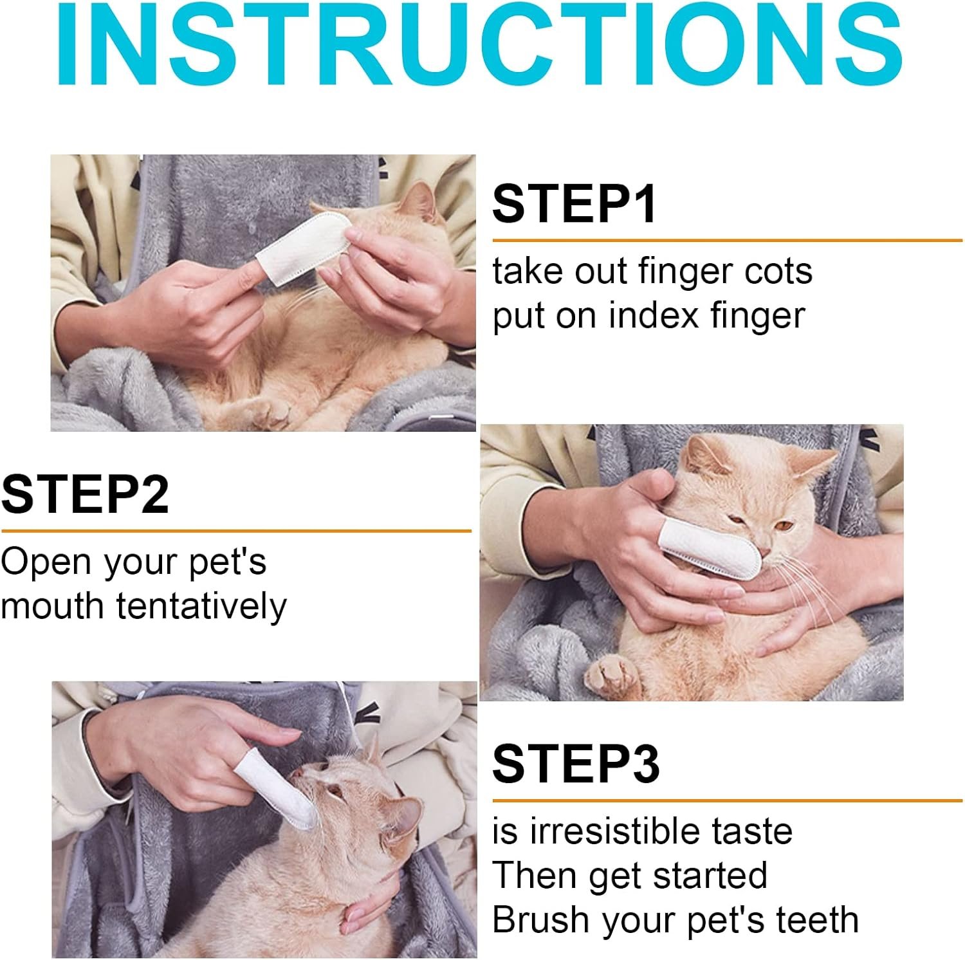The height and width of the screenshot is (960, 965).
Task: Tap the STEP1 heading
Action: (574, 203)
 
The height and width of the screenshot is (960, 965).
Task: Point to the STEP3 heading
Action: (576, 763)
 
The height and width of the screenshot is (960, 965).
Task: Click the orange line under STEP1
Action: (727, 241)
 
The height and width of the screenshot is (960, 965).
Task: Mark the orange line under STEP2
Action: (236, 531)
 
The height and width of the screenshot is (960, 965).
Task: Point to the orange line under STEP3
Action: (727, 801)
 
